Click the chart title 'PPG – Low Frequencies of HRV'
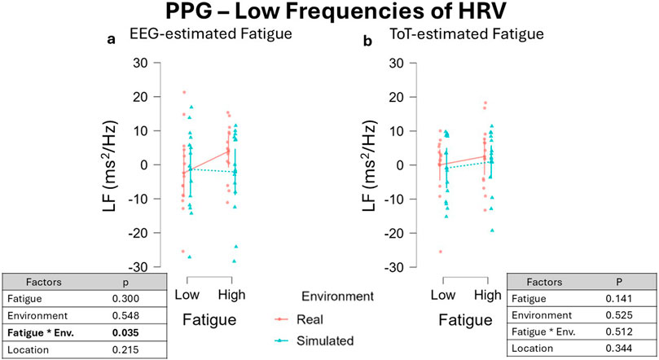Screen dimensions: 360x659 [329, 14]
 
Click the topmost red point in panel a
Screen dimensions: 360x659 [184, 92]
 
